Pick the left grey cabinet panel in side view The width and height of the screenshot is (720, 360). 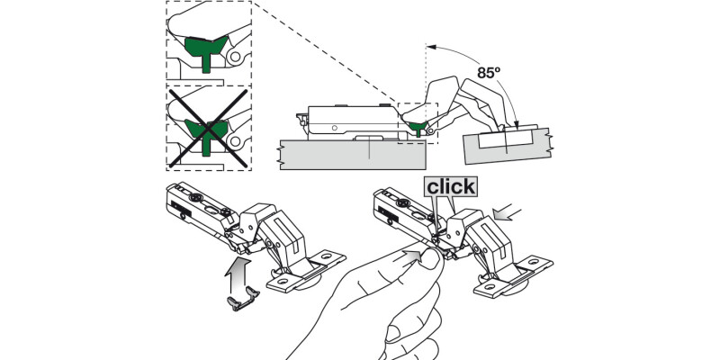[352, 153]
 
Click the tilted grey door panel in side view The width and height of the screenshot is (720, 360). [507, 144]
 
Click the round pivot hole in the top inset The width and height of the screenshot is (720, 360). [235, 58]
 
